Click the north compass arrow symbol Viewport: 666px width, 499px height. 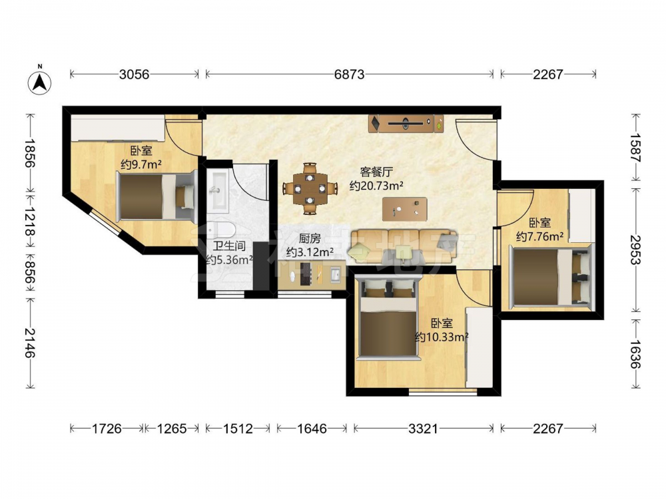39,83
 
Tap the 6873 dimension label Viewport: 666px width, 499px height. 349,75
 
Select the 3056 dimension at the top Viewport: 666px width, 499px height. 135,75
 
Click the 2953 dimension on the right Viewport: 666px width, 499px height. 635,250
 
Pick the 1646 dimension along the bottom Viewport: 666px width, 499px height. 312,429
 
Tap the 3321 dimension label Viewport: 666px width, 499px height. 423,429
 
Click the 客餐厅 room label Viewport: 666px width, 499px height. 376,172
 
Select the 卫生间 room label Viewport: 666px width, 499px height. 229,246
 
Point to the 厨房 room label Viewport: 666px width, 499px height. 310,238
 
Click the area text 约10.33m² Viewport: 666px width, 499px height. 442,337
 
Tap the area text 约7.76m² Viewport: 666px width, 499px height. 540,236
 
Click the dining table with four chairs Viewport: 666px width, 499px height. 310,188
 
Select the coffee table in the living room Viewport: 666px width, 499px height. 405,209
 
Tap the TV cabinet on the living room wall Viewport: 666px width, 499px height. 406,124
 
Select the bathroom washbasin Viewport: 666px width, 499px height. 218,190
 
